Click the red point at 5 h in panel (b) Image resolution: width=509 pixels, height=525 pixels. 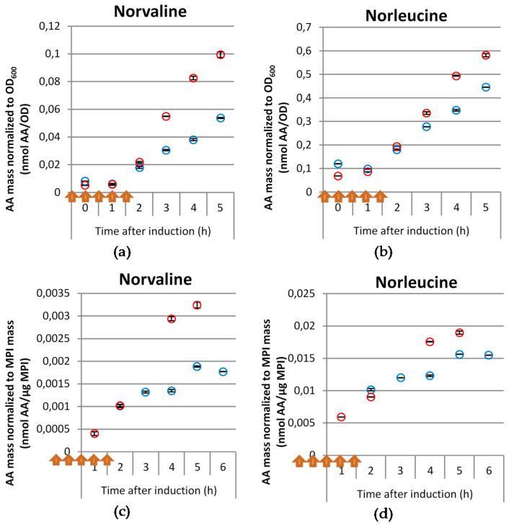486,56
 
